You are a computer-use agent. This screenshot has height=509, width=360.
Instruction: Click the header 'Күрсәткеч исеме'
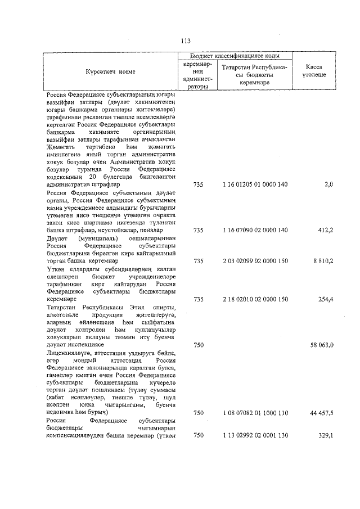click(111, 72)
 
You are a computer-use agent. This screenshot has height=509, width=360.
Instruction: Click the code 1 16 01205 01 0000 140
click(255, 184)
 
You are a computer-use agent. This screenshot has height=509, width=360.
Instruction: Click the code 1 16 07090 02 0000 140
click(255, 230)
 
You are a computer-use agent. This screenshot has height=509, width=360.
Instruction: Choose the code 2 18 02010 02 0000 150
click(255, 299)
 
